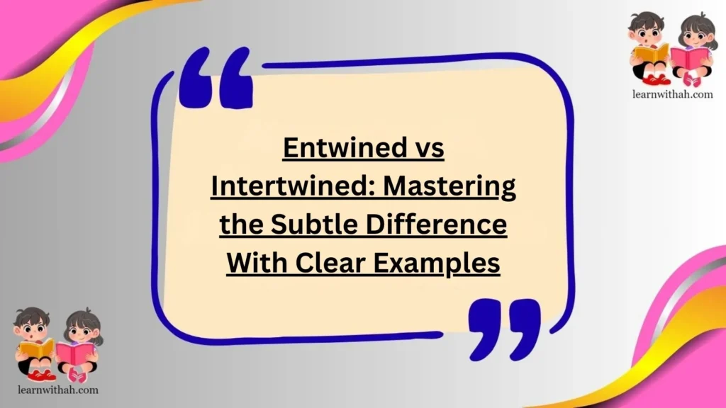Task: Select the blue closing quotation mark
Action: point(504,327)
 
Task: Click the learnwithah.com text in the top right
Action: point(671,94)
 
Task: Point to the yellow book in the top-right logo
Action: point(650,52)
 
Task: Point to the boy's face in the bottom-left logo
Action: point(31,327)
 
